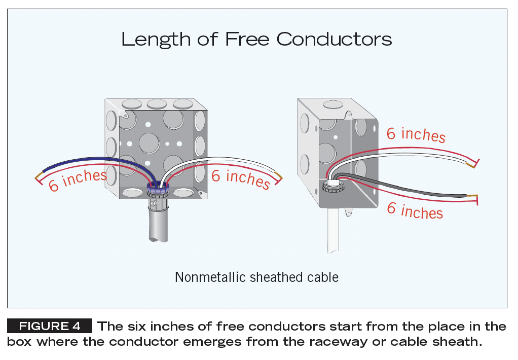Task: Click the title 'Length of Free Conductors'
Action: (x=256, y=40)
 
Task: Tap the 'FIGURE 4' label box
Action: (x=50, y=326)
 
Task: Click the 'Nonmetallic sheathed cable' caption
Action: (x=256, y=277)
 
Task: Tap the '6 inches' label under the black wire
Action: (x=415, y=210)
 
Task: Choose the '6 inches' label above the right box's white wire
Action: (x=416, y=134)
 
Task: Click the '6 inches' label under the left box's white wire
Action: (x=240, y=178)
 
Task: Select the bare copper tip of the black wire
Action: (x=472, y=196)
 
